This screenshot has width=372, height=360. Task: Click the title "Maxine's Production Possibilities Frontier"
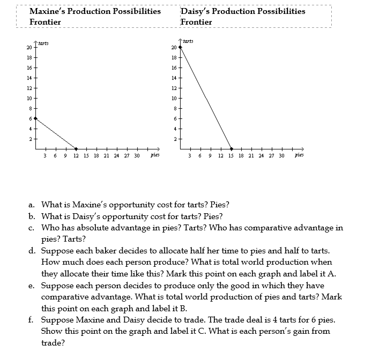(x=95, y=16)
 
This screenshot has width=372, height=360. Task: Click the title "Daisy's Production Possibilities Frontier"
(x=243, y=16)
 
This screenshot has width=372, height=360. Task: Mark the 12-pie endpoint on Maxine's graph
(x=76, y=149)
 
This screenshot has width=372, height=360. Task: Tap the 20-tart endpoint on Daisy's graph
(x=180, y=47)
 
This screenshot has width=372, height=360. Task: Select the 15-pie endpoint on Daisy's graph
(x=232, y=149)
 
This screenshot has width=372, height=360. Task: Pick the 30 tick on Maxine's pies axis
(x=137, y=156)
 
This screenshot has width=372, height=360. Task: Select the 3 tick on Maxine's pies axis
(x=46, y=156)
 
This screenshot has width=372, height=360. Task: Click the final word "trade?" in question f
(x=53, y=343)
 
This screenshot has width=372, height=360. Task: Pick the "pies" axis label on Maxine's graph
(x=155, y=156)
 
